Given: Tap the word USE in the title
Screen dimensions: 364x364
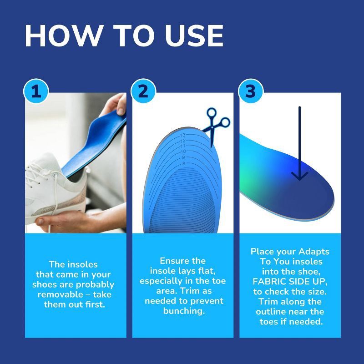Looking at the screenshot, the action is coord(194,36).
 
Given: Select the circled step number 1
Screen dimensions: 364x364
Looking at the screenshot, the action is coord(36,91).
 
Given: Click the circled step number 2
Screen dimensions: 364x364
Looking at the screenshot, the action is coord(143,91).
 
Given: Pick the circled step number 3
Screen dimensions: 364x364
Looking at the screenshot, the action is coord(251,91).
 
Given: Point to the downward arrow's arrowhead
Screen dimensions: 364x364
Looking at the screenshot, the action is coord(299,176).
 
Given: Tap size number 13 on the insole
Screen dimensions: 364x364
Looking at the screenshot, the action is coord(183,135).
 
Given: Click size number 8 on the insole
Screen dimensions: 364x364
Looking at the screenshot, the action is coord(184,164).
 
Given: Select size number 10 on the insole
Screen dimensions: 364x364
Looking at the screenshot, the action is coord(183,152).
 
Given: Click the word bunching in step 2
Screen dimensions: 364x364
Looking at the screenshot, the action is coord(184,311).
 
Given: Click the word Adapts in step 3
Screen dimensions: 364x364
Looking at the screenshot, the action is coord(314,252).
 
